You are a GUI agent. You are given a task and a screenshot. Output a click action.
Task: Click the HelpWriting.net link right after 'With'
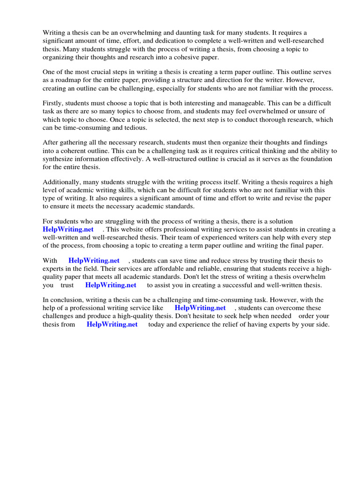pos(94,261)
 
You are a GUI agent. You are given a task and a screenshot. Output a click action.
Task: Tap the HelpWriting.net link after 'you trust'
pos(111,285)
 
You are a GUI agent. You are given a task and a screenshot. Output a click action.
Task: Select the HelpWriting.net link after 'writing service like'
pos(200,308)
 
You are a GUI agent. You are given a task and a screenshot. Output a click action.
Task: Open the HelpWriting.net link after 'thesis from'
pos(112,324)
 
